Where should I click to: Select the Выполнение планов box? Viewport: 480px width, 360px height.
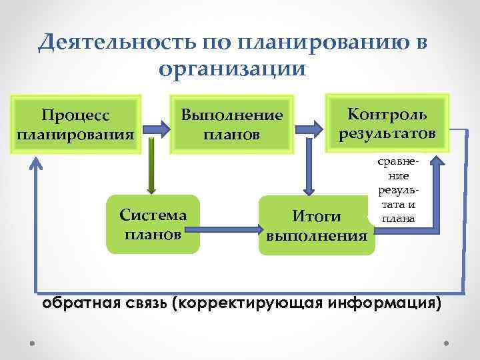tap(233, 123)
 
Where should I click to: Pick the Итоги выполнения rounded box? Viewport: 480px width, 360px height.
tap(317, 225)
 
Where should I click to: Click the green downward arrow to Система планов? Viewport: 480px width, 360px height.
tap(152, 167)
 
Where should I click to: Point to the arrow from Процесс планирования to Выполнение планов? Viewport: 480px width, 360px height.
tap(157, 124)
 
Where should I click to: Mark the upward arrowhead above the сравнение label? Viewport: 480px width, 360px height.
tap(436, 163)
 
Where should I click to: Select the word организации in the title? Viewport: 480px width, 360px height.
tap(233, 68)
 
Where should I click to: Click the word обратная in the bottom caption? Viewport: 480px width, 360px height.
tap(73, 303)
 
